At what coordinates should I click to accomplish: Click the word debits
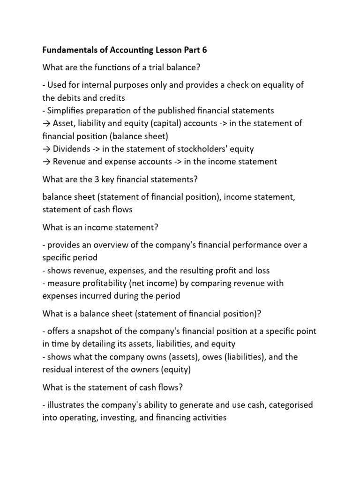[x=72, y=98]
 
